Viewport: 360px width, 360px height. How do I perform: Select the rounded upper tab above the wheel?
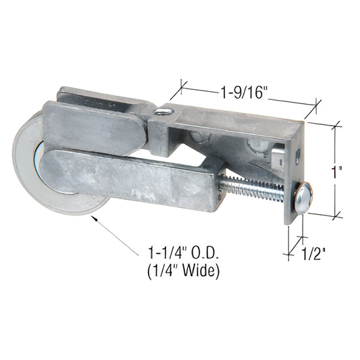pyautogui.click(x=95, y=125)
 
